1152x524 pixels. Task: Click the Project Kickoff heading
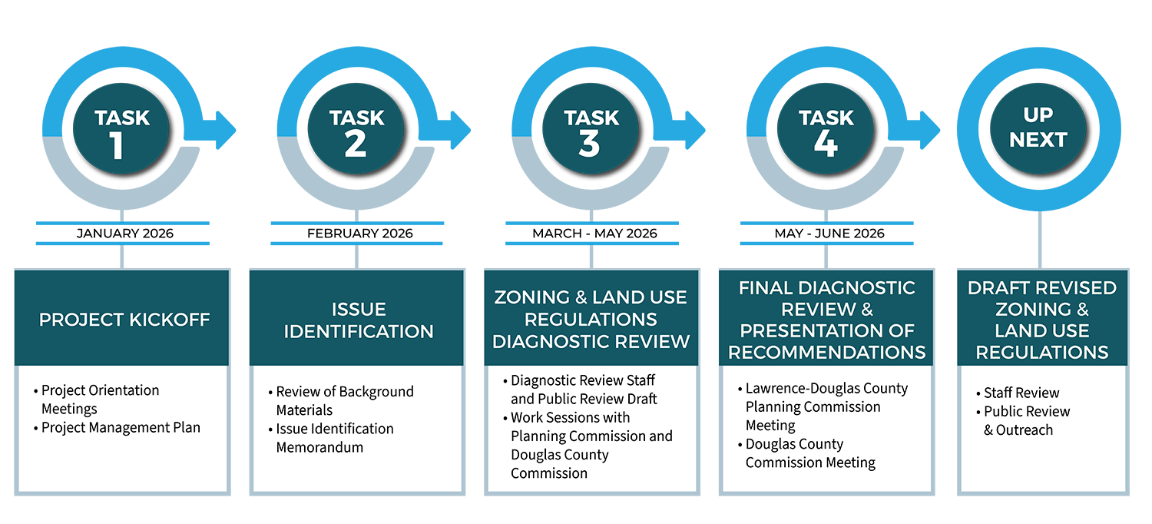[124, 319]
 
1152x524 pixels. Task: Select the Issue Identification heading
[359, 320]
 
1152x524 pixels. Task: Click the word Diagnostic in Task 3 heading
[542, 341]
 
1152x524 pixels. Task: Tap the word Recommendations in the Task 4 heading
[827, 352]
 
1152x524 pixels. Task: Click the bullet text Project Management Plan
[121, 427]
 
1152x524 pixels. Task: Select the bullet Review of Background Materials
[344, 400]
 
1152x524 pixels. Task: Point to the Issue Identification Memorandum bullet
[335, 437]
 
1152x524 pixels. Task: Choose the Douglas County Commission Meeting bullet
[809, 453]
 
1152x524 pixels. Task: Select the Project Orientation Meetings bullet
[100, 399]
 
